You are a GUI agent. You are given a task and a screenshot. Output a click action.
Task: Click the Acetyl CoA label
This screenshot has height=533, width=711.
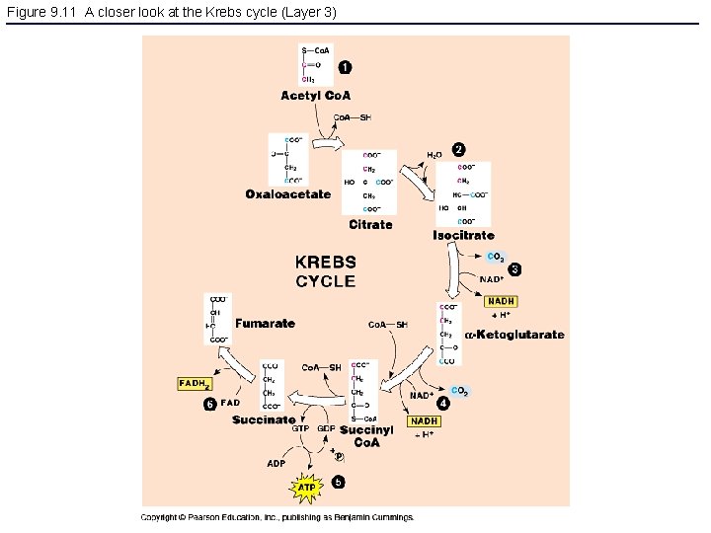coord(315,96)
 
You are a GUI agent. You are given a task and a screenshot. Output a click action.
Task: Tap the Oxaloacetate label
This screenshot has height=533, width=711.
coord(288,194)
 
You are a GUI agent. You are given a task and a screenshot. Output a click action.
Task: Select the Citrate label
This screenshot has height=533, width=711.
coord(370,225)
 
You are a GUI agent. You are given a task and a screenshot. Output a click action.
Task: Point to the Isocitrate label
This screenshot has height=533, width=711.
coord(463,236)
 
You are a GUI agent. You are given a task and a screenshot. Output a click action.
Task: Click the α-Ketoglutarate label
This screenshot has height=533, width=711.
coord(514,335)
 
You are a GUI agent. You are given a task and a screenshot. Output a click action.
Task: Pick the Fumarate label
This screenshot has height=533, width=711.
coord(265,323)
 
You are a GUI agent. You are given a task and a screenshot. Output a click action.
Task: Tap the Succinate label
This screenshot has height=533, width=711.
coord(264,419)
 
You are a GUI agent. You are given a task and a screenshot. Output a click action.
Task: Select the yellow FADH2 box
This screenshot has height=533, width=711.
coord(194,384)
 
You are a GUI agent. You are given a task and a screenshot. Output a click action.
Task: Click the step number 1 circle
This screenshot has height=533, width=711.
coord(344,67)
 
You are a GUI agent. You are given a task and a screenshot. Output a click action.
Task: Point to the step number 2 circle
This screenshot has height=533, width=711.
coord(459,149)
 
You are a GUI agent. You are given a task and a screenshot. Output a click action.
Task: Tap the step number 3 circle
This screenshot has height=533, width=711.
coord(514,269)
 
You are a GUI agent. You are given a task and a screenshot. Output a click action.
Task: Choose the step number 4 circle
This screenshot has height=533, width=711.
coord(443,403)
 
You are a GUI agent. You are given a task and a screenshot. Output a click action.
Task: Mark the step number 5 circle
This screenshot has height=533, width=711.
coord(338,483)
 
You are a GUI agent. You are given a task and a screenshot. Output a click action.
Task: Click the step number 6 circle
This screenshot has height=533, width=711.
coord(210,404)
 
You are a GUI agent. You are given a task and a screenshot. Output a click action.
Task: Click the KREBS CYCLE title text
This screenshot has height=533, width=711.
coord(326,271)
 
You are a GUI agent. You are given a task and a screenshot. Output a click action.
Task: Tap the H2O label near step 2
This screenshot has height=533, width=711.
coord(434,155)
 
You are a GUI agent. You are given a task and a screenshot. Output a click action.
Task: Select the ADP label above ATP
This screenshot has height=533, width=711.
coord(276,462)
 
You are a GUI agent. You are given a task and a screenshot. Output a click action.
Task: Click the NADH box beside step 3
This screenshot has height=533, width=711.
coord(501,301)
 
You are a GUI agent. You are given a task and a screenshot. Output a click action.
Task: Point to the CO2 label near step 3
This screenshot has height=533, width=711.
coord(496,258)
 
